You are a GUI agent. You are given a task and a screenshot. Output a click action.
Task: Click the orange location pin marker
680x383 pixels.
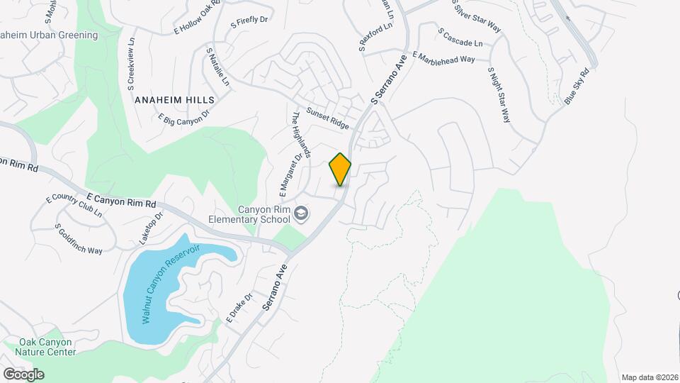coord(340,169)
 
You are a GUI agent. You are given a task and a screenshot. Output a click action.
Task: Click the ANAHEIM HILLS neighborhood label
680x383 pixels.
coord(174,101)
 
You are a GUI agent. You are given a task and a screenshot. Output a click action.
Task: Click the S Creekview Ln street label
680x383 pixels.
coord(131,64)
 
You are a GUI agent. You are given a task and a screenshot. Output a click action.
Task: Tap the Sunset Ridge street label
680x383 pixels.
coord(327,118)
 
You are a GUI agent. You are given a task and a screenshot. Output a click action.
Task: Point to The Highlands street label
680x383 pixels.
coord(302,135)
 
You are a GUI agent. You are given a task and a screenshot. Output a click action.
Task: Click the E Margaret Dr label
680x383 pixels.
coord(290,174)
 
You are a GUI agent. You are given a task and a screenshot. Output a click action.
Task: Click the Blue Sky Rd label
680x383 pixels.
coord(577,87)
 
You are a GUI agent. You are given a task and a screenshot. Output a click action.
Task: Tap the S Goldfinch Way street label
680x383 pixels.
coord(79,239)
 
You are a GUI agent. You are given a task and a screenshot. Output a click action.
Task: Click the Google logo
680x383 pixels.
coord(23,374)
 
